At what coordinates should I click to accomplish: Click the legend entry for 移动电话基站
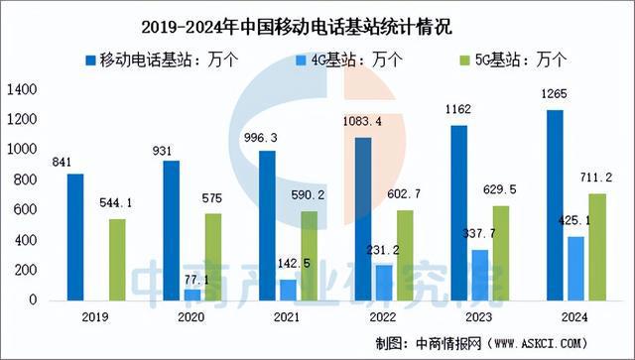pyautogui.click(x=169, y=59)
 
